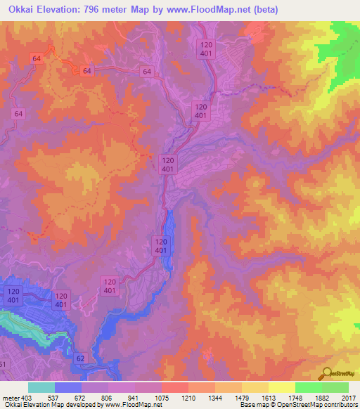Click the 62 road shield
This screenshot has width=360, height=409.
point(80,358)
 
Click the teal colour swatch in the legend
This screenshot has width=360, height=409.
point(41,387)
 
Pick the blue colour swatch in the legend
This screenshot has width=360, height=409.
point(68,387)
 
